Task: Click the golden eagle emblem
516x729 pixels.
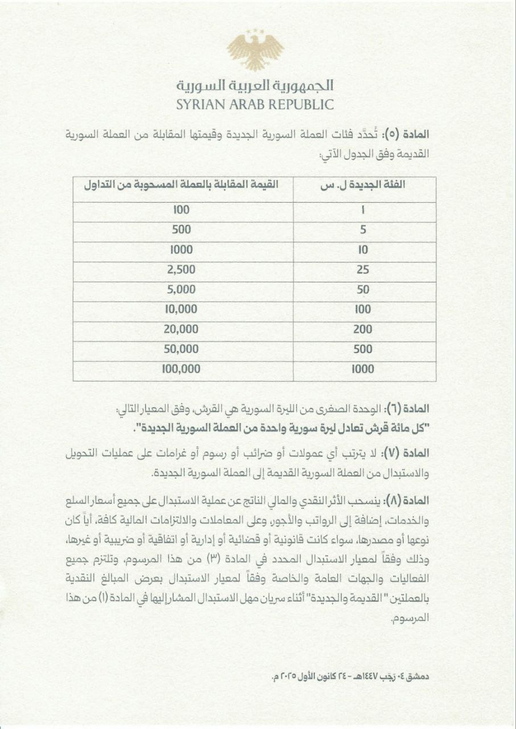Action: click(255, 51)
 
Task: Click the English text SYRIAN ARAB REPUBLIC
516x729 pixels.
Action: click(255, 104)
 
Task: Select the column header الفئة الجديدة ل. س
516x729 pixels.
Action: click(364, 185)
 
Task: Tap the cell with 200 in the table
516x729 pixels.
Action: click(363, 329)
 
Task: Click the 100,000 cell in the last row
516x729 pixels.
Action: click(181, 369)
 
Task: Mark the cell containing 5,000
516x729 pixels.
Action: click(182, 289)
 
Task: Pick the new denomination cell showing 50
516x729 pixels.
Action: click(363, 289)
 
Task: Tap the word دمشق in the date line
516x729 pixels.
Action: click(420, 678)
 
